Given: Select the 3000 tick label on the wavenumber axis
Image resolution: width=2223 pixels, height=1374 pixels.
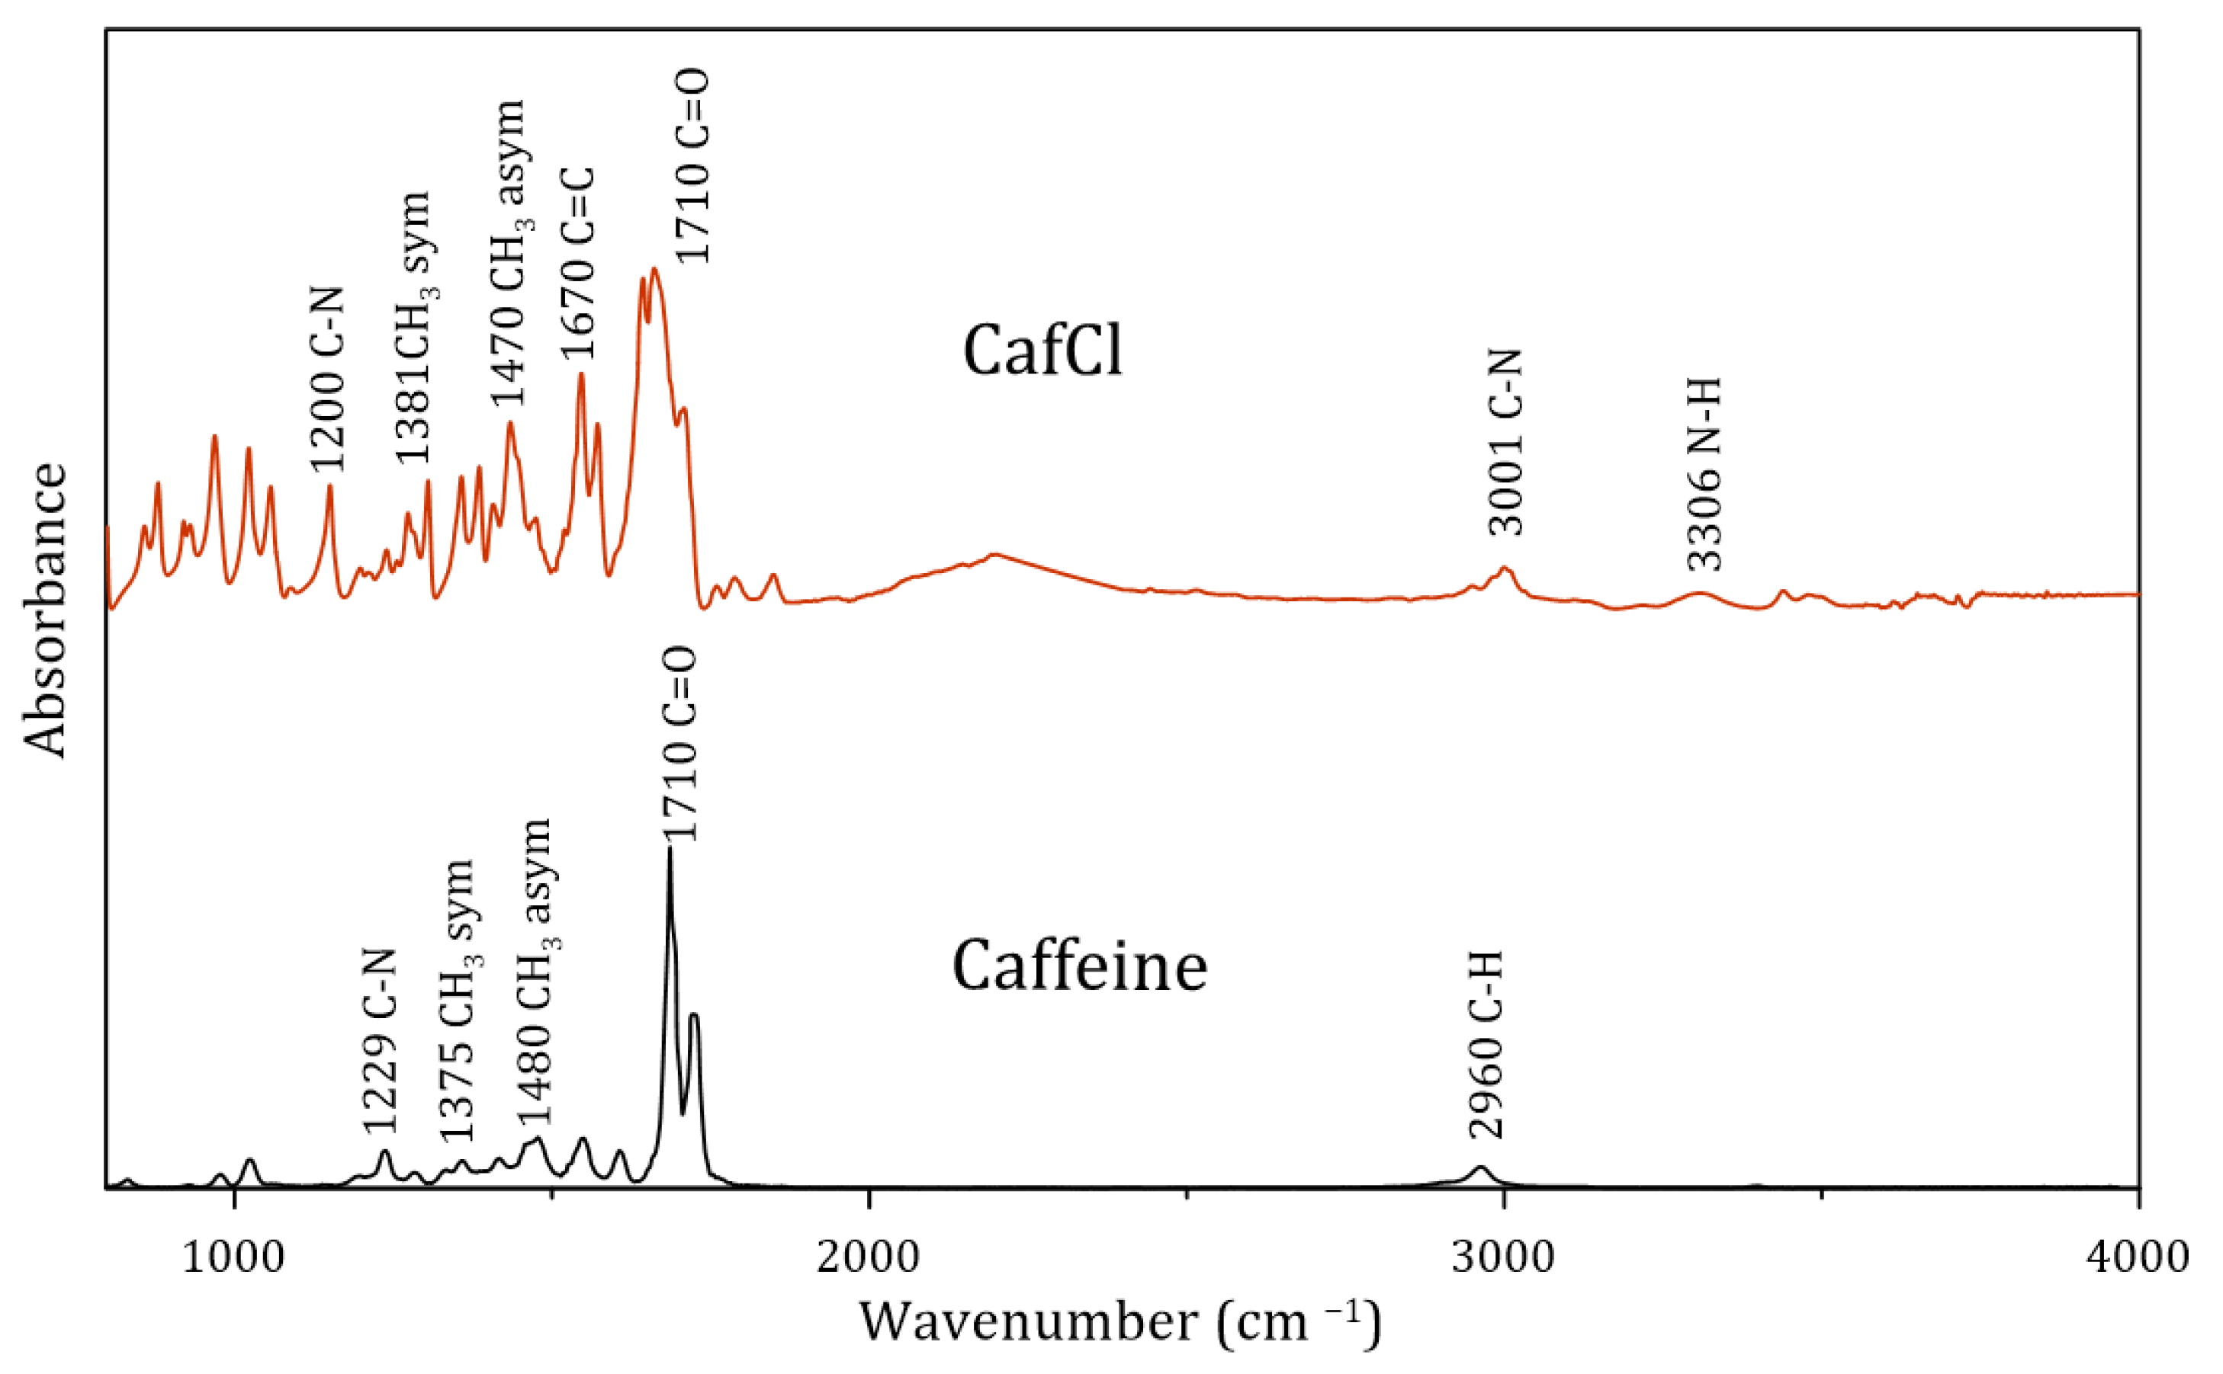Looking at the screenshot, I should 1502,1257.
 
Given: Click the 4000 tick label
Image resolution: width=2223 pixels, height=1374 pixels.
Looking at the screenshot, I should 2136,1257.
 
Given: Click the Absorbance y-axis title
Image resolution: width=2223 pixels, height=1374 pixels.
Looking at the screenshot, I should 46,610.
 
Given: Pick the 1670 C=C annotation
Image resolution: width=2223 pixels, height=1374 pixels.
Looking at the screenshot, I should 578,264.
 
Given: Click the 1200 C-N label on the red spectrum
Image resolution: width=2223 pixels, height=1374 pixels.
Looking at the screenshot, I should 328,379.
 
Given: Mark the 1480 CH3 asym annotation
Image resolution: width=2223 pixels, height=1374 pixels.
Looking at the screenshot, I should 535,972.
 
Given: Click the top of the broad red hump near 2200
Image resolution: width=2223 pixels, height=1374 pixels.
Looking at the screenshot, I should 994,553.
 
